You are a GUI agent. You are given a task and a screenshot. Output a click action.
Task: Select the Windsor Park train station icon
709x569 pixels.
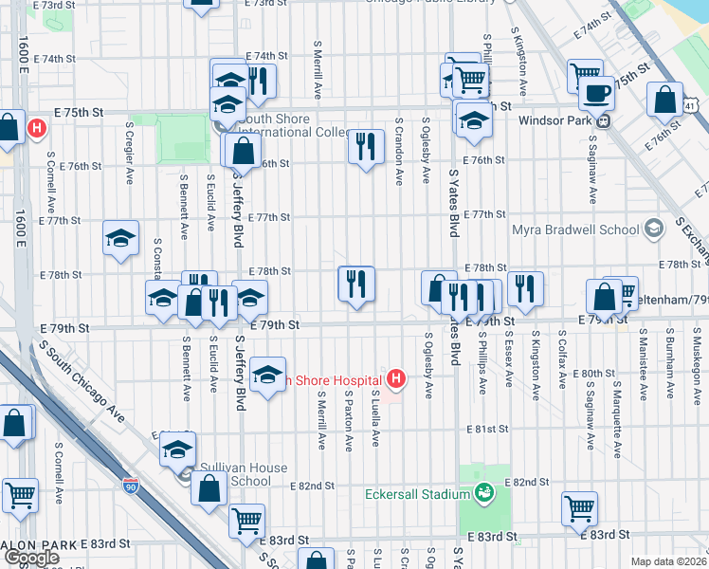(x=602, y=120)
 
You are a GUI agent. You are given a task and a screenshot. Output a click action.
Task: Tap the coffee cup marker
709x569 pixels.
(x=596, y=94)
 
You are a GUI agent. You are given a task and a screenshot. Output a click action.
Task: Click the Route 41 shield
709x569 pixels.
(x=694, y=108)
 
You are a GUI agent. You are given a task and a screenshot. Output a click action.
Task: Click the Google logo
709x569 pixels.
(x=30, y=557)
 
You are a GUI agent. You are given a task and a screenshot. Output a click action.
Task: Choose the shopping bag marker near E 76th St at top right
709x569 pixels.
(x=665, y=101)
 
